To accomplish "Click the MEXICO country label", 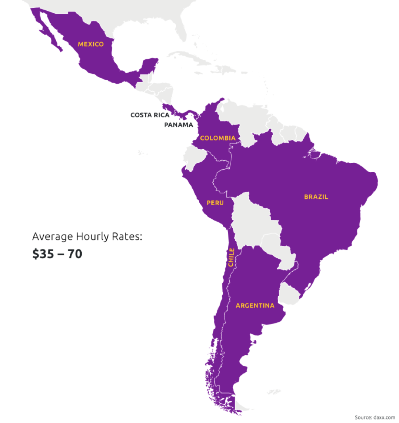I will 90,44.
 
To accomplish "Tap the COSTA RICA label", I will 150,115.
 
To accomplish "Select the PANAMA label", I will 178,125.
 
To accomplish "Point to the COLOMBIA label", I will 217,138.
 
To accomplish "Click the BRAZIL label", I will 316,197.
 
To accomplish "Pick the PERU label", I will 215,203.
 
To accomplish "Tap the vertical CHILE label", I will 231,258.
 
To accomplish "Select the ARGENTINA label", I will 255,306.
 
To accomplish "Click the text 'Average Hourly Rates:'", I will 87,237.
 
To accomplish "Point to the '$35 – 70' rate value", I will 57,254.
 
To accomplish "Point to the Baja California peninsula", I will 50,33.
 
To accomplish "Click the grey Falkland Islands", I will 273,392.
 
